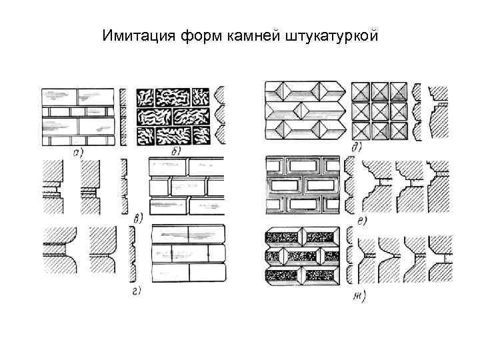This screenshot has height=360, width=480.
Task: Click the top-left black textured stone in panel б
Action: tap(151, 98)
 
